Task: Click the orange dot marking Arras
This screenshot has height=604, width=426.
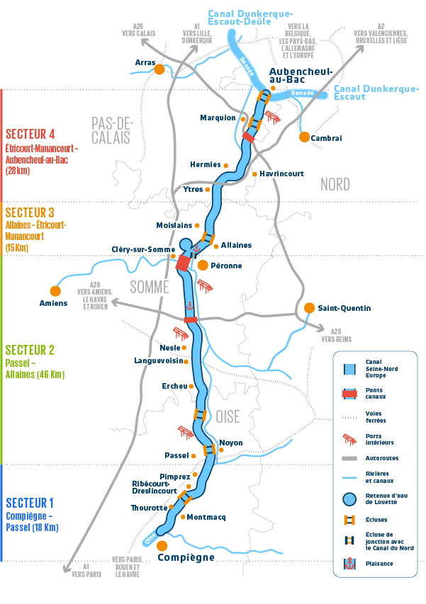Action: (x=159, y=69)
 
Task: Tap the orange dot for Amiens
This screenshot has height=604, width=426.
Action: (x=55, y=290)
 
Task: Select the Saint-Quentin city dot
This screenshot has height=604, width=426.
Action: (x=309, y=308)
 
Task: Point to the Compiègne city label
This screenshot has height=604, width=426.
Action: (x=186, y=557)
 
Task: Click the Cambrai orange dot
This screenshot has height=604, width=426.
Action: (x=304, y=137)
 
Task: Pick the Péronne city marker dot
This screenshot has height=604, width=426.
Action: (x=203, y=266)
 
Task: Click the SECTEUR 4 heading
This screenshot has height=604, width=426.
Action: (x=30, y=134)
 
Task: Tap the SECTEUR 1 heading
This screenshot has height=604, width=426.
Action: (x=29, y=503)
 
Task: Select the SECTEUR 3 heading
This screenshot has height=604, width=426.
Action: (x=30, y=212)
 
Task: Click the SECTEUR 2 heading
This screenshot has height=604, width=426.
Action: (x=30, y=350)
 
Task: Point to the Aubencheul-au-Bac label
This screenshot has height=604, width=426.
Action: (x=293, y=76)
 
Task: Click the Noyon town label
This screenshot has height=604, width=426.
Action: (x=231, y=443)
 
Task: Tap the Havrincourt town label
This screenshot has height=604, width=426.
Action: (x=281, y=173)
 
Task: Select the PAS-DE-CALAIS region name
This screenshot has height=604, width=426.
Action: (x=112, y=130)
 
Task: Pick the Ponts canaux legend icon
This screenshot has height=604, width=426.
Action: (x=349, y=392)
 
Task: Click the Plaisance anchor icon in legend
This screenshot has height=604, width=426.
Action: (x=349, y=564)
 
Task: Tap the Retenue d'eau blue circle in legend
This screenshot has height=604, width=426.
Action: (x=349, y=499)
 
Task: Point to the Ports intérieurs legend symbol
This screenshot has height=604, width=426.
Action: (x=349, y=440)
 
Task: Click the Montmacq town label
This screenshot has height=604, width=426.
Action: (x=206, y=517)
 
